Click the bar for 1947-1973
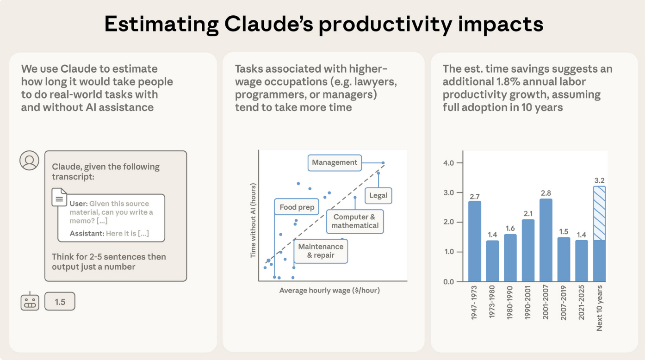[474, 241]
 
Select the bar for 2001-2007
[546, 240]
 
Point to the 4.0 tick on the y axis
[449, 163]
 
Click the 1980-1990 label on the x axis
[510, 304]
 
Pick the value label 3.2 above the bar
[600, 180]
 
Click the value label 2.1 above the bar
[528, 213]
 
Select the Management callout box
[335, 162]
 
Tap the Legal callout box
[378, 195]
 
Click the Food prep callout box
[297, 207]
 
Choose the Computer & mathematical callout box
[355, 221]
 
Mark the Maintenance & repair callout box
[321, 251]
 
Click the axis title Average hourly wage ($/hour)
[329, 291]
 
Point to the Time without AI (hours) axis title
[253, 220]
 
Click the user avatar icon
[29, 161]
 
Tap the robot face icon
[30, 302]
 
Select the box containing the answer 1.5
[60, 302]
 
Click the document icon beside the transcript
[59, 198]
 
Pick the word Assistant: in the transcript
[87, 233]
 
